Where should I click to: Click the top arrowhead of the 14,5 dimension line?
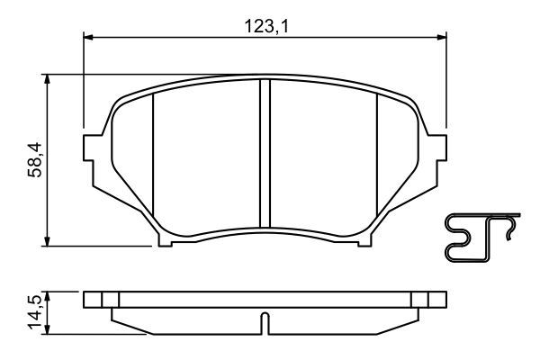[x=48, y=295]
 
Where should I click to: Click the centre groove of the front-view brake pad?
[x=265, y=153]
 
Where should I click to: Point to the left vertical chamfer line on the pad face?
[x=153, y=157]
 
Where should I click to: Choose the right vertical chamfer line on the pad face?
[x=376, y=157]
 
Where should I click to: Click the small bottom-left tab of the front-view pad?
[x=165, y=240]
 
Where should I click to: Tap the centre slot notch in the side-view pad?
[x=265, y=320]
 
